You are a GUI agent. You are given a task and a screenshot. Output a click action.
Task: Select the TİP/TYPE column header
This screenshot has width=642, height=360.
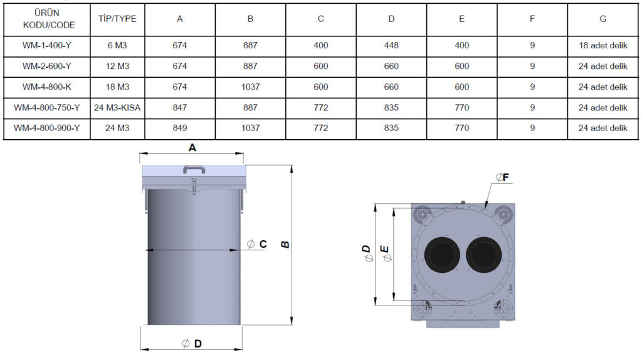(x=117, y=19)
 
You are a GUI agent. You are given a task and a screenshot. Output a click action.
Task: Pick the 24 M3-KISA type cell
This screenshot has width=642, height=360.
(x=117, y=108)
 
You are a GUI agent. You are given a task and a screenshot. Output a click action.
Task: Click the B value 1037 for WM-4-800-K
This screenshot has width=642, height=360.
(x=250, y=87)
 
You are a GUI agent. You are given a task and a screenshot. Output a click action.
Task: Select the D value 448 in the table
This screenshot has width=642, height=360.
(x=391, y=46)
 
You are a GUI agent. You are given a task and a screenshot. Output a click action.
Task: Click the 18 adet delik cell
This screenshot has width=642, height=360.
(x=603, y=46)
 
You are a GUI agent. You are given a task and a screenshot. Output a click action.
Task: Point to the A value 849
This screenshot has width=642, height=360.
(x=180, y=128)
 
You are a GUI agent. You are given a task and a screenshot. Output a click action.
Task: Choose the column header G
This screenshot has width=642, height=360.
(x=603, y=19)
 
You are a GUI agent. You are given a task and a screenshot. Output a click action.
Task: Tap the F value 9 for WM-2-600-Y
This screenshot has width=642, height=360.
(x=532, y=66)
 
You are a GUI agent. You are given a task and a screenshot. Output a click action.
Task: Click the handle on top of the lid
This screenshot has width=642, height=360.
(x=194, y=169)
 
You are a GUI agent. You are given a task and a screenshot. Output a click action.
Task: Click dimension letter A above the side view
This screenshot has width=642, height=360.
(x=192, y=148)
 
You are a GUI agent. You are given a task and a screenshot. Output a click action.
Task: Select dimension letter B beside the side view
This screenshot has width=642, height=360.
(x=285, y=244)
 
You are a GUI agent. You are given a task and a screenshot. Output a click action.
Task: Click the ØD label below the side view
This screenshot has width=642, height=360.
(x=192, y=343)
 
